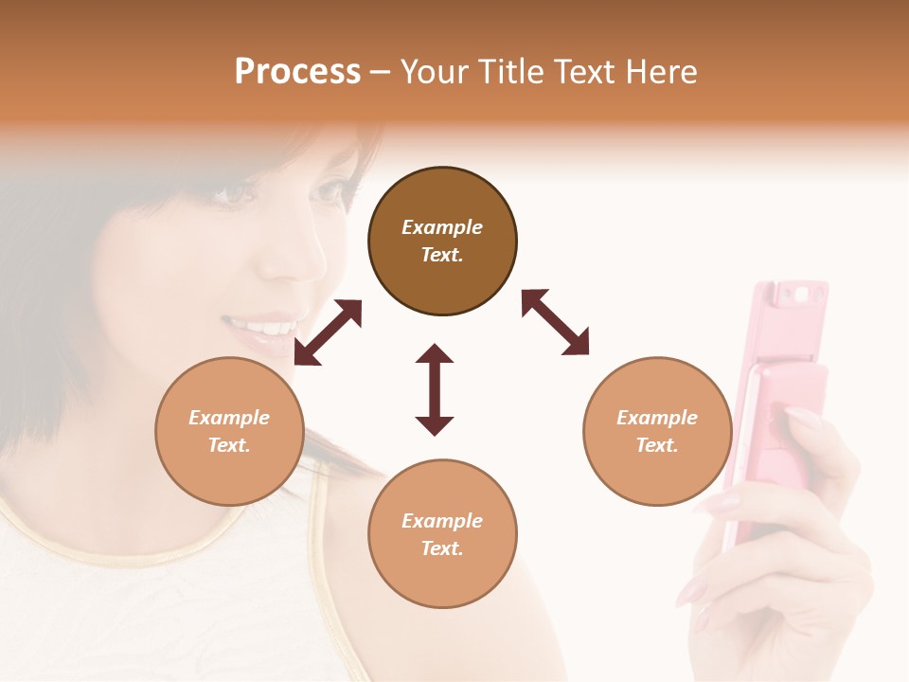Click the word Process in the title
297,72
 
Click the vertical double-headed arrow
435,389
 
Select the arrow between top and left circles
328,332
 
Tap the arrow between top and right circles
555,322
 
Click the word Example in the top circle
442,227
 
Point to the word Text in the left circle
229,445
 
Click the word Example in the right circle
657,418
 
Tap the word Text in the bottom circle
442,548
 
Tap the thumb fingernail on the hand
801,416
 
